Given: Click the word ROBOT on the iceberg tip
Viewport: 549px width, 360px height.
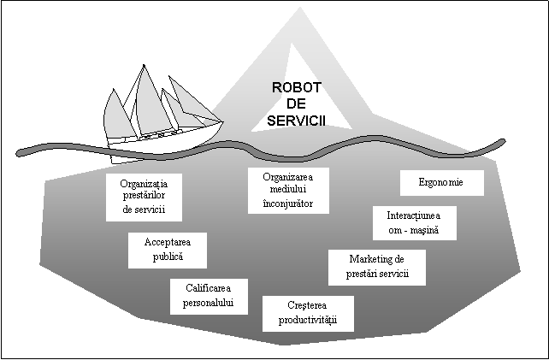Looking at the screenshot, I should click(x=295, y=87).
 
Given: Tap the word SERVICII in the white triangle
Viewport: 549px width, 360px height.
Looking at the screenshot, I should click(x=296, y=121).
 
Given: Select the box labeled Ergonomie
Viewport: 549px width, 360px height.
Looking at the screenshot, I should click(x=442, y=183).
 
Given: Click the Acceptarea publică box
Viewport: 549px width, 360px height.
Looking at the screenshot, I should click(x=168, y=249).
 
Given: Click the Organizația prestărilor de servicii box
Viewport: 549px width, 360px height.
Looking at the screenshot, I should click(x=144, y=197).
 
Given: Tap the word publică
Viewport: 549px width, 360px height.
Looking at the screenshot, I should click(x=168, y=257).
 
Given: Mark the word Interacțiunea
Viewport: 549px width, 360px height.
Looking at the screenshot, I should click(x=415, y=215).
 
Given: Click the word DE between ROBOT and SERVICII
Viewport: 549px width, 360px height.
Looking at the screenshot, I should click(x=296, y=104).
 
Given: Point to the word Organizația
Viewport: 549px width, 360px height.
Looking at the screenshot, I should click(x=145, y=183).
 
